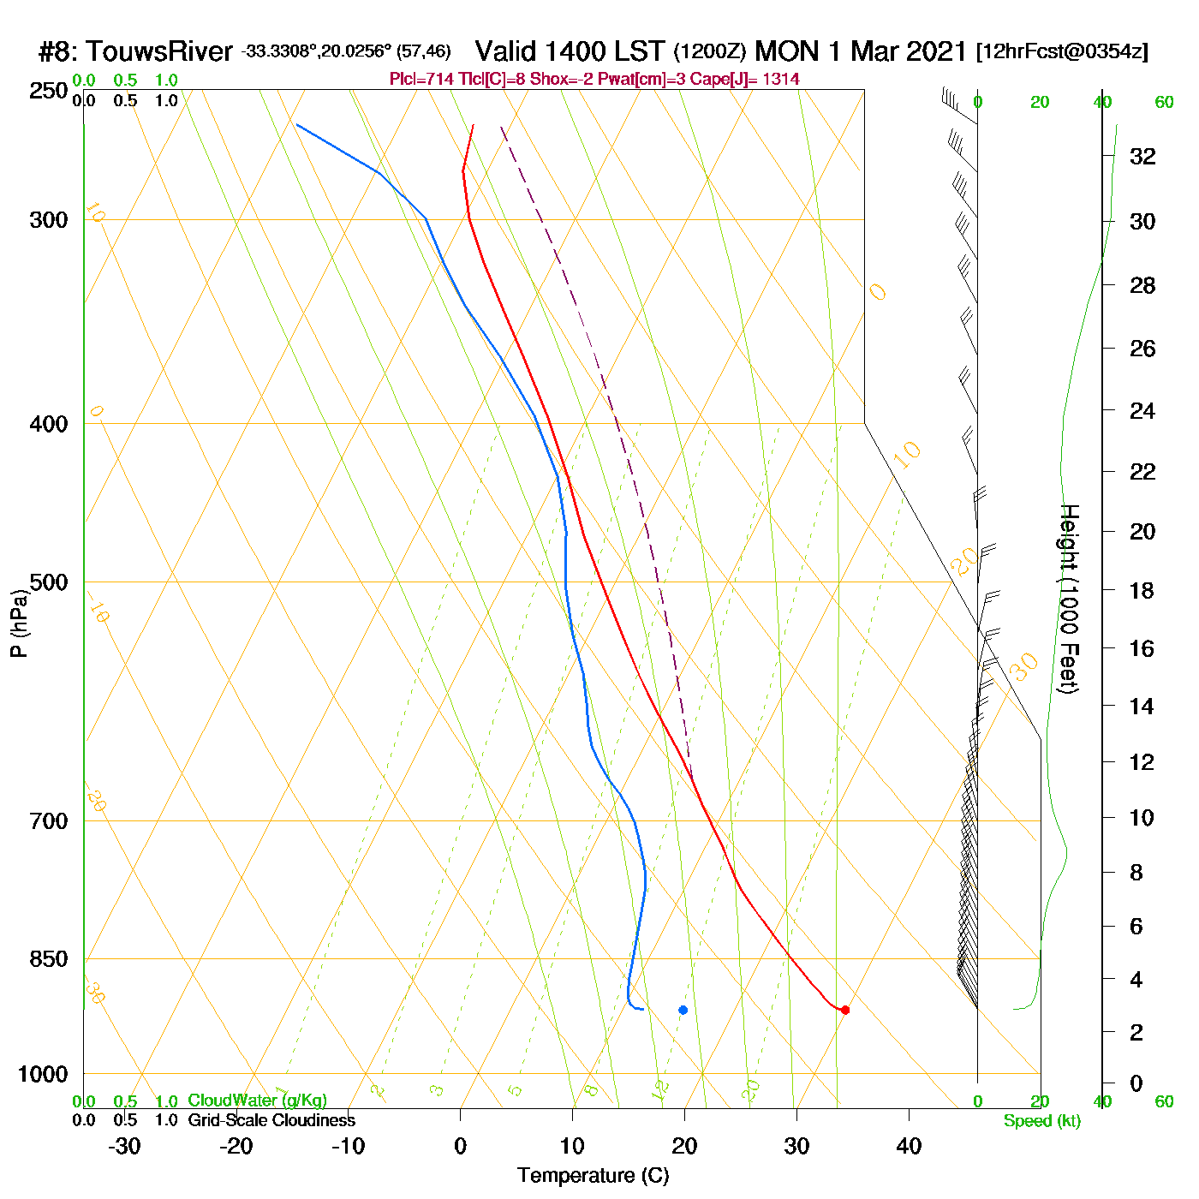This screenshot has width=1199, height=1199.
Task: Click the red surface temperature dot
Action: pyautogui.click(x=845, y=1010)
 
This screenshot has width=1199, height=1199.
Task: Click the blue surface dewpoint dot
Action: pyautogui.click(x=683, y=1010)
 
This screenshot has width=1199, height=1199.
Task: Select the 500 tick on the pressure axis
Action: pyautogui.click(x=49, y=582)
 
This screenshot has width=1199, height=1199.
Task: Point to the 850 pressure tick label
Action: pyautogui.click(x=49, y=959)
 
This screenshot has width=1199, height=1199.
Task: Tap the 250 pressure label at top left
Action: pyautogui.click(x=49, y=91)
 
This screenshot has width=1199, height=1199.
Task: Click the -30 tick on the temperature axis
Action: pyautogui.click(x=124, y=1146)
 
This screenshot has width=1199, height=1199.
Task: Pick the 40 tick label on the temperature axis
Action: pyautogui.click(x=909, y=1146)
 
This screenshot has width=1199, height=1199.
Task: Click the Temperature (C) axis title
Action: pyautogui.click(x=593, y=1176)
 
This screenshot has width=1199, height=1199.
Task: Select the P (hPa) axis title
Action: pyautogui.click(x=19, y=623)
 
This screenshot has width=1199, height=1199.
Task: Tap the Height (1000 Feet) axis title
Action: pyautogui.click(x=1069, y=599)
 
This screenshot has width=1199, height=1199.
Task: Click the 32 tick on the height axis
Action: pyautogui.click(x=1142, y=157)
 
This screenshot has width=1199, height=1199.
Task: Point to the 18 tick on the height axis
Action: pyautogui.click(x=1142, y=590)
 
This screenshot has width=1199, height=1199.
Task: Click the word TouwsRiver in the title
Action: pyautogui.click(x=159, y=52)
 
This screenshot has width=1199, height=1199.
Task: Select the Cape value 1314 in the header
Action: pyautogui.click(x=780, y=80)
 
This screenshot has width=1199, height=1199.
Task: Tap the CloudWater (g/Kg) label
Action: pyautogui.click(x=257, y=1101)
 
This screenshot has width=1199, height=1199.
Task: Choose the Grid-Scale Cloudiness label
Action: pyautogui.click(x=271, y=1120)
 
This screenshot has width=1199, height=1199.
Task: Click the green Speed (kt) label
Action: pyautogui.click(x=1042, y=1121)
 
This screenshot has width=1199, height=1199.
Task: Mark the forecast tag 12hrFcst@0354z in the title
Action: pyautogui.click(x=1062, y=52)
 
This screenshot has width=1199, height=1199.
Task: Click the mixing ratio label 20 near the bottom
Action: pyautogui.click(x=751, y=1090)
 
